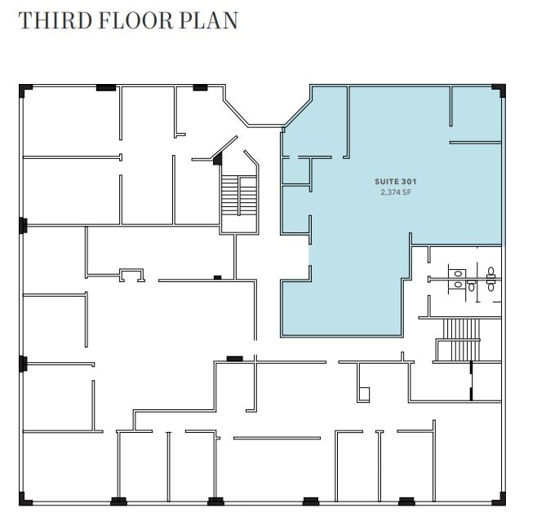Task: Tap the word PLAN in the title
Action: (x=214, y=20)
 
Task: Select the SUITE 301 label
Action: (x=390, y=181)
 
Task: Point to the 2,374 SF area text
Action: (x=390, y=192)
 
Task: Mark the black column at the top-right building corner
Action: (x=500, y=89)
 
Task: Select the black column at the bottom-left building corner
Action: (x=24, y=499)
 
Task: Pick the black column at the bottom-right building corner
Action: (x=500, y=499)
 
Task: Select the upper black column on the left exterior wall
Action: (x=23, y=224)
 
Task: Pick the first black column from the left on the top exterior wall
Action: (x=105, y=87)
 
